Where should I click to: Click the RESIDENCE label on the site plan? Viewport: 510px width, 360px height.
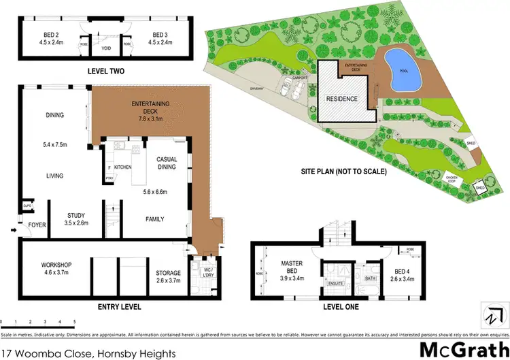point(343,98)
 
